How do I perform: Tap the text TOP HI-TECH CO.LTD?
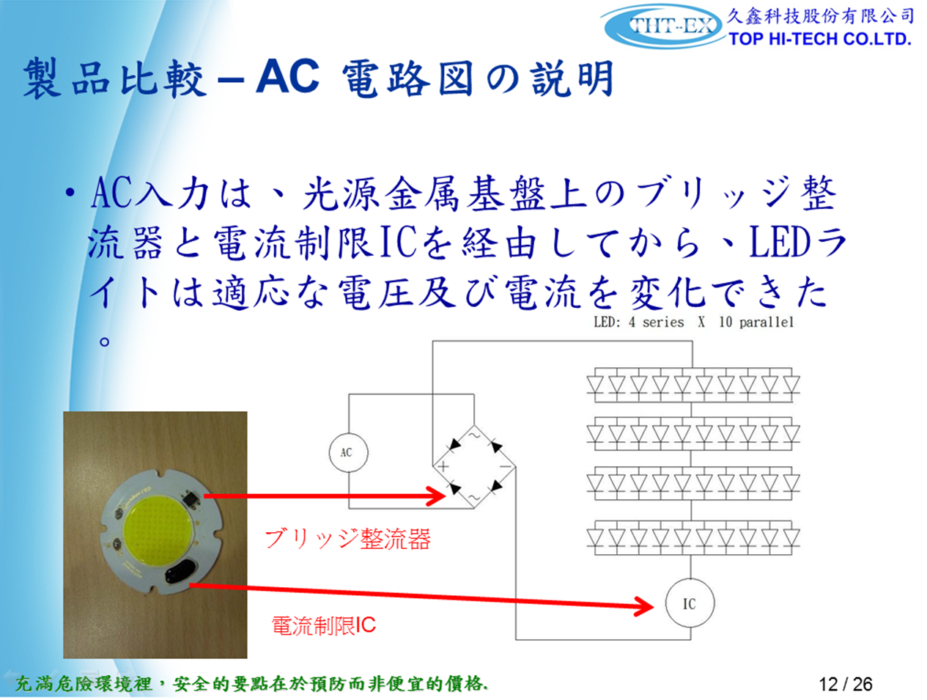(x=820, y=39)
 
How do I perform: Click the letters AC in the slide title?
(x=287, y=76)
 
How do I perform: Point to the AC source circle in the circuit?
(x=348, y=452)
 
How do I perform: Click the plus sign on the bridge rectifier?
(x=443, y=466)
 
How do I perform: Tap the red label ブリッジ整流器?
(x=347, y=539)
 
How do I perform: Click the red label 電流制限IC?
(x=323, y=626)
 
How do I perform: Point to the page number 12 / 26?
(x=846, y=684)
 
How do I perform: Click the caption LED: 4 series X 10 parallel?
(x=693, y=323)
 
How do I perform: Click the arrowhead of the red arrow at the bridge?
(x=437, y=496)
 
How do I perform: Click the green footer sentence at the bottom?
(x=251, y=684)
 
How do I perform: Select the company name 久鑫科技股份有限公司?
(x=820, y=16)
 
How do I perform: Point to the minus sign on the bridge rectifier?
(x=506, y=466)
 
